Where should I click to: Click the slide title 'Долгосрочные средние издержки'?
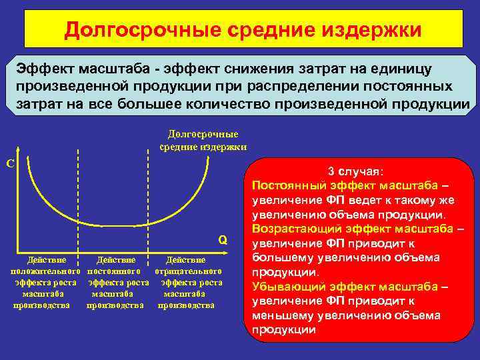point(243,31)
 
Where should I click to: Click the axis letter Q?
point(223,240)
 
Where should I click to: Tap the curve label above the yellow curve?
point(203,140)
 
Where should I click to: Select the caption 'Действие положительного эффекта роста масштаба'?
point(42,282)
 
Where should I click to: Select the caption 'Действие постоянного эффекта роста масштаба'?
point(115,282)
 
